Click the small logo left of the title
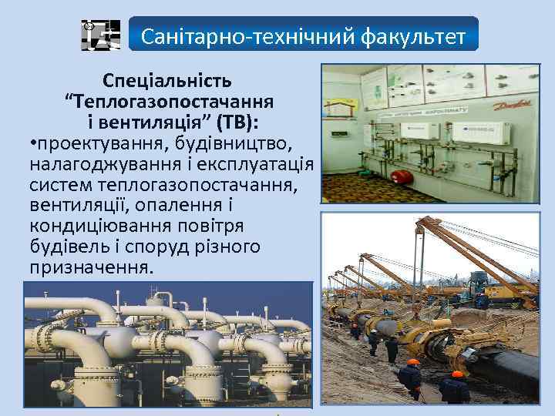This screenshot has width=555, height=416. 101,35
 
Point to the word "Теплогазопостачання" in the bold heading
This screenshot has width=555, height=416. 173,101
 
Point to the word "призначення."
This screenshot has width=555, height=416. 91,267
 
